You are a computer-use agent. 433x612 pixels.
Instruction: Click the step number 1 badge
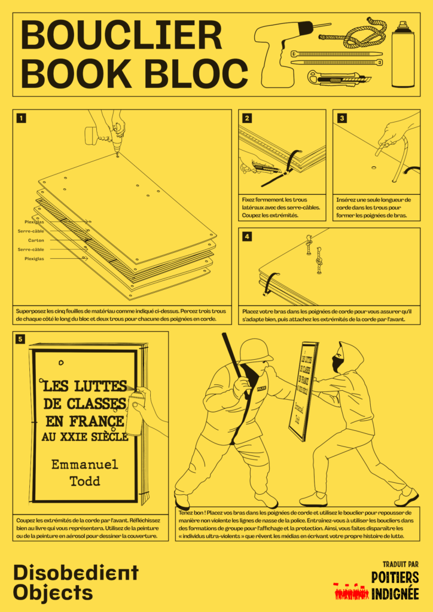22,118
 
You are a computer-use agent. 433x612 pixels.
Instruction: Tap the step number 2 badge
247,118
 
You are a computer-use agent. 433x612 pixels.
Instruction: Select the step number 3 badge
341,118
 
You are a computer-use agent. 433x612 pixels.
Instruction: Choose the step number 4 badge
247,237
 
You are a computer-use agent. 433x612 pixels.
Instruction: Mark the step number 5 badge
21,339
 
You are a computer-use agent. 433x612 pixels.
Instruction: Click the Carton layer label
36,240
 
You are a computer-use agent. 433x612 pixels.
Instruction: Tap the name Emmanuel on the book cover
85,464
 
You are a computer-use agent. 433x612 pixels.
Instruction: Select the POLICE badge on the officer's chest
261,388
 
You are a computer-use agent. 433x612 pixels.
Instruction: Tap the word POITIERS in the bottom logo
395,578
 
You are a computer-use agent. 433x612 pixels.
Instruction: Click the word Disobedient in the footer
76,573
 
